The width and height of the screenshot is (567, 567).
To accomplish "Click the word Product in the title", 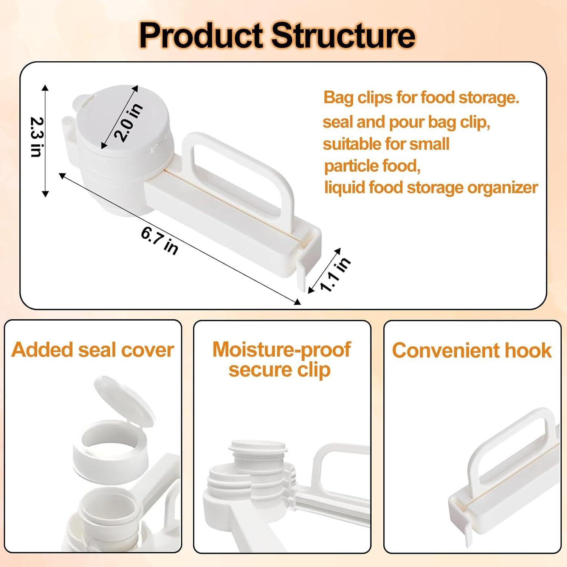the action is pos(201,36).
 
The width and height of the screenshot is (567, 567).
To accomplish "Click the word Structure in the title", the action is pos(344,36).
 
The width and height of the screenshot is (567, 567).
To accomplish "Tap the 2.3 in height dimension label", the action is pos(37,137).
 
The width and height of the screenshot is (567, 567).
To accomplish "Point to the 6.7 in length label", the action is pos(159,240).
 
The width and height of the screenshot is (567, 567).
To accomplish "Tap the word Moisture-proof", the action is pos(282,350).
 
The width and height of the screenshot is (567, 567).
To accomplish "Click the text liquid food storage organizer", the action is pos(431,187).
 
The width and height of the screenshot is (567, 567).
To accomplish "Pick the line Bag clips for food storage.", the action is pos(421,98).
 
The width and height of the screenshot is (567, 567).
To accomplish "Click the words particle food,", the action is pos(372,166).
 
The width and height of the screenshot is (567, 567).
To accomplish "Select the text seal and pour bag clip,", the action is pos(406,122).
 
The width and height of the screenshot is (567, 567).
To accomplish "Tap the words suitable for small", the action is pos(386,144).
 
